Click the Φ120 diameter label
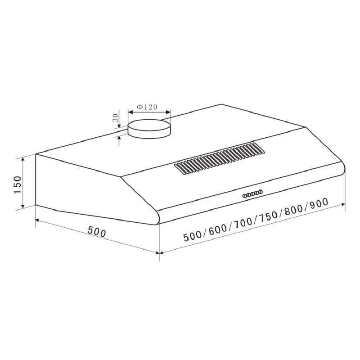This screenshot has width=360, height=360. click(147, 107)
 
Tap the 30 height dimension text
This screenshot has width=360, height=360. click(115, 118)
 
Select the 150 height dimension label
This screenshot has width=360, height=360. click(18, 184)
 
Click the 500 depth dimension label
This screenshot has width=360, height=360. click(97, 231)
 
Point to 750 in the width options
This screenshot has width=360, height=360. click(269, 217)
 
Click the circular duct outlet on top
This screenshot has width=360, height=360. click(149, 129)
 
